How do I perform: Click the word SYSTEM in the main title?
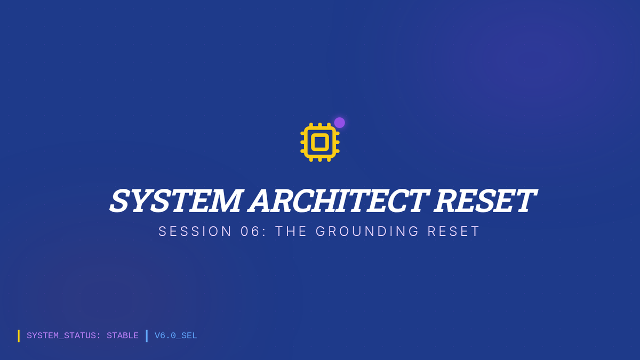click(175, 201)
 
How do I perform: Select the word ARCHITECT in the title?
click(338, 201)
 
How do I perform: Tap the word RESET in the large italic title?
click(485, 201)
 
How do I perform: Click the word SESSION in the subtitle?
click(195, 231)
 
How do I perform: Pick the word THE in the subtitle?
click(291, 231)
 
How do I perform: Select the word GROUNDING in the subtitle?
click(367, 231)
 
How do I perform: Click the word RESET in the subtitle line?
click(453, 231)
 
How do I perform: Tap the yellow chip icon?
click(320, 142)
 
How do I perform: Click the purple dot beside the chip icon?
click(339, 123)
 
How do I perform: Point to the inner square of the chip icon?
click(320, 142)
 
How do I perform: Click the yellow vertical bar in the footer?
click(19, 335)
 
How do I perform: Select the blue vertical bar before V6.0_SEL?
click(147, 335)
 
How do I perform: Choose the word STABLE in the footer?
click(123, 335)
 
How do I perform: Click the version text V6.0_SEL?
click(175, 335)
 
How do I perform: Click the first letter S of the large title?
click(120, 201)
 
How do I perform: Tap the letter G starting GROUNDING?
click(321, 231)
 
